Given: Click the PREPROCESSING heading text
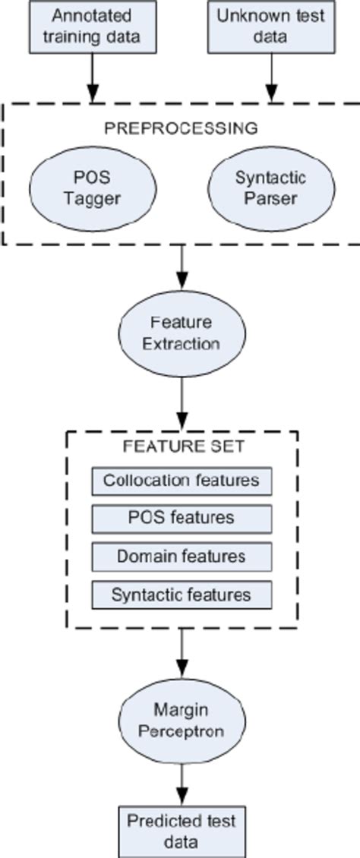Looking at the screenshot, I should (x=180, y=128).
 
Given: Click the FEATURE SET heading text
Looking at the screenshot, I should (x=182, y=446).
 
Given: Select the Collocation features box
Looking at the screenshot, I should (x=182, y=481).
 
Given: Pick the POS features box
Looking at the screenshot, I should (x=182, y=519).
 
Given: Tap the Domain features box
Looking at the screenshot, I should (x=182, y=557).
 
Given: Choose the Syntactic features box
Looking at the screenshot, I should (x=182, y=595).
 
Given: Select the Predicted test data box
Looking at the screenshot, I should (x=181, y=831).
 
